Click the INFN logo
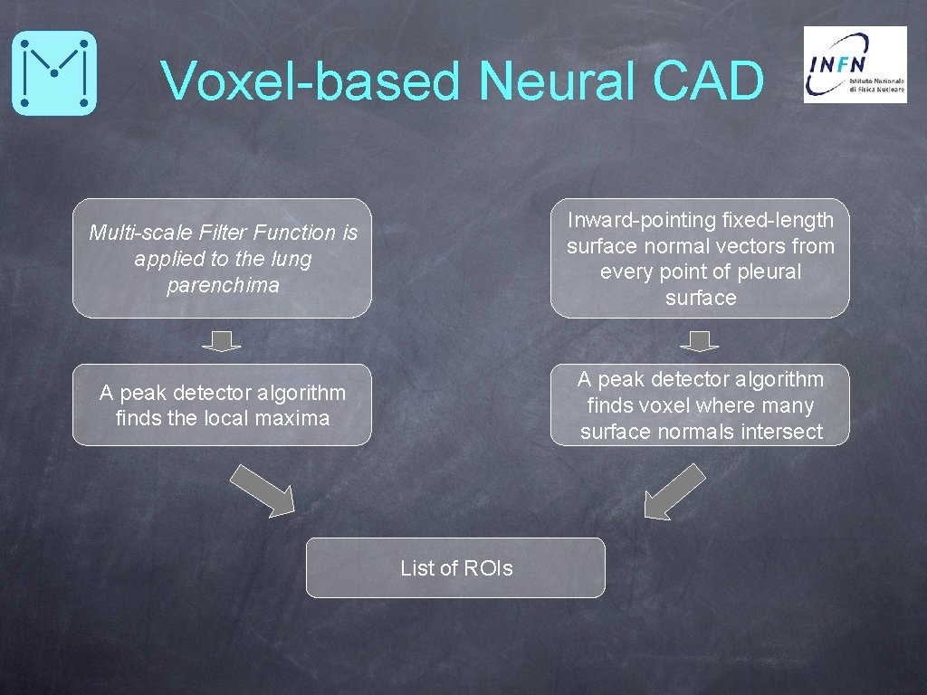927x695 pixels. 855,64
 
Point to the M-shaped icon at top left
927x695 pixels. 54,72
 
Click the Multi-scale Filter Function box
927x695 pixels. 222,259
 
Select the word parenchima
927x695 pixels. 223,286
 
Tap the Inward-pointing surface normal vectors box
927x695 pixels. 700,259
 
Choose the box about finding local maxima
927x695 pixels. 222,405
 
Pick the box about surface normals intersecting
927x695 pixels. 700,405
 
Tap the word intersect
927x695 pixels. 784,433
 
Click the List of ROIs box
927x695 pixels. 455,568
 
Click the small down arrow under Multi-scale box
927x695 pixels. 222,341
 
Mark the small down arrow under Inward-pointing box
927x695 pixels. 699,341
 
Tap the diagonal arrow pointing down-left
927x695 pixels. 674,491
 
